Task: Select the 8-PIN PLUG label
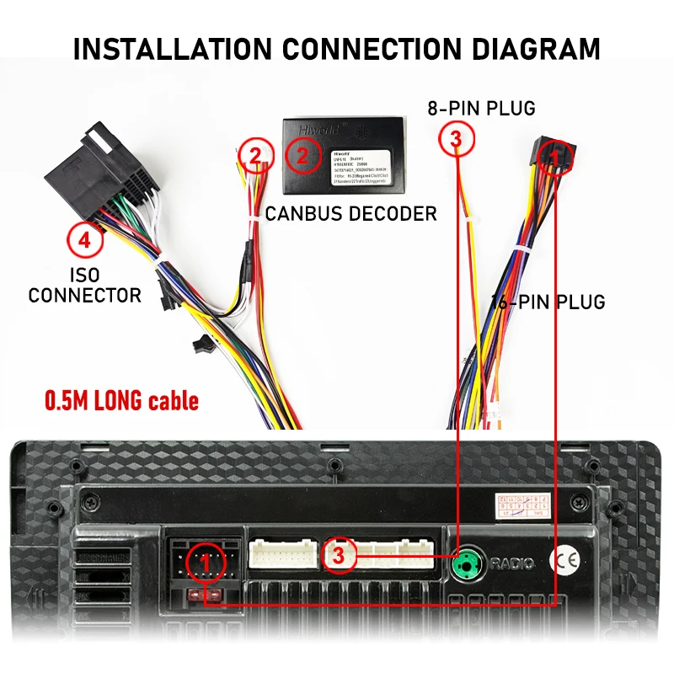pos(482,108)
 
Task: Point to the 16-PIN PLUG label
pos(548,302)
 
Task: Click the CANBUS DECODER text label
pos(351,213)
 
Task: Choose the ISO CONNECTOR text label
pos(85,286)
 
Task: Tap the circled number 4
pos(84,241)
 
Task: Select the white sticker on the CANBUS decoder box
pos(361,165)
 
